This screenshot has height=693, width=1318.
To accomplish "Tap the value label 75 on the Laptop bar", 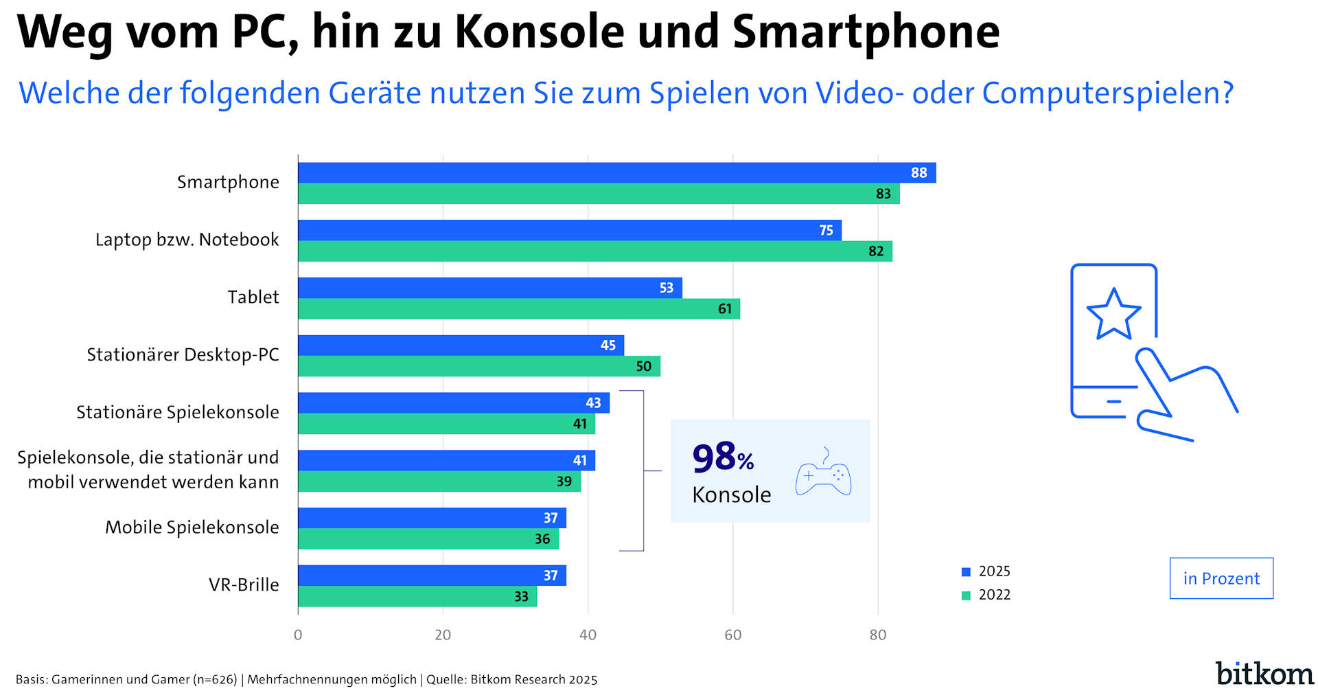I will pyautogui.click(x=826, y=230).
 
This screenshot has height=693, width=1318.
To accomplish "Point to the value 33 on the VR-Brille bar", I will pyautogui.click(x=521, y=596).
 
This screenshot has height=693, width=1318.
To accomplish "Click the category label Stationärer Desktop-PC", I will pyautogui.click(x=183, y=354).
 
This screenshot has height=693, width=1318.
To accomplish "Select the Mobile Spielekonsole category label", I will pyautogui.click(x=192, y=527).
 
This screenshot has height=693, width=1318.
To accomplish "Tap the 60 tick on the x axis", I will pyautogui.click(x=732, y=635).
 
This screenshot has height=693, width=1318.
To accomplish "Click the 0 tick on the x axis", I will pyautogui.click(x=298, y=635).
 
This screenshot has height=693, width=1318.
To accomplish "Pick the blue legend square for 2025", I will pyautogui.click(x=966, y=571).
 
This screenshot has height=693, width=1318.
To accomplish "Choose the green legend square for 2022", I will pyautogui.click(x=966, y=595).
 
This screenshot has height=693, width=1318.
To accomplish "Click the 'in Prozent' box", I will pyautogui.click(x=1221, y=578).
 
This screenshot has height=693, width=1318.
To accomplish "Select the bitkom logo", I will pyautogui.click(x=1264, y=673).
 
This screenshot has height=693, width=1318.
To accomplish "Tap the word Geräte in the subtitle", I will pyautogui.click(x=374, y=93).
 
